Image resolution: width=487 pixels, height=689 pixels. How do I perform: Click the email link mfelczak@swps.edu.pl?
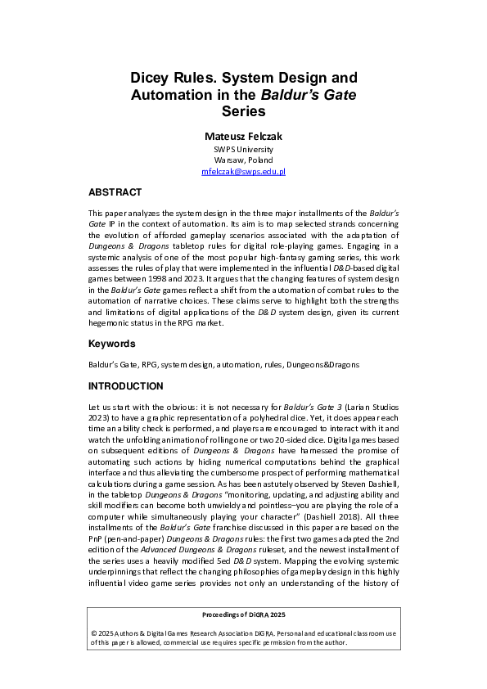(243, 172)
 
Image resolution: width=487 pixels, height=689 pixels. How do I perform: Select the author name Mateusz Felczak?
(243, 135)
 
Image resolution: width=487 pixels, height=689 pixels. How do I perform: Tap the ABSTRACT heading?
(115, 192)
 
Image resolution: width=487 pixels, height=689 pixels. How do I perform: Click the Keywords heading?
(112, 344)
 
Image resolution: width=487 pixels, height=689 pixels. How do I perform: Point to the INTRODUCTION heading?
(125, 385)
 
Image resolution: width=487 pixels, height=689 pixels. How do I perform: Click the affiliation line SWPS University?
(243, 150)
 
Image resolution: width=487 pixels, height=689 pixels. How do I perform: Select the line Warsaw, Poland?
(243, 160)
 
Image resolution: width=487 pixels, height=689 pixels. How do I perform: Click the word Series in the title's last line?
(243, 111)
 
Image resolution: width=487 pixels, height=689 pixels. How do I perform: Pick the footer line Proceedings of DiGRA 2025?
(243, 614)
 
